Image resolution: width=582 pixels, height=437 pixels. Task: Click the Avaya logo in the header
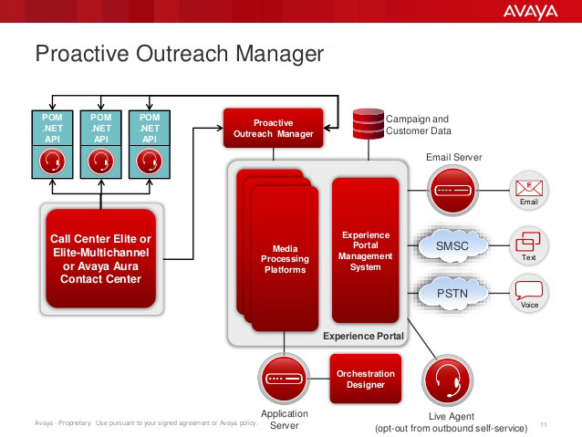tap(530, 12)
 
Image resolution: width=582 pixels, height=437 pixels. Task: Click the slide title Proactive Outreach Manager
tap(180, 54)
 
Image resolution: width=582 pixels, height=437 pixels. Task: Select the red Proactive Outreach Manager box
tap(273, 128)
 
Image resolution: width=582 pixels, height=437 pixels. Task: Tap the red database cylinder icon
tap(369, 124)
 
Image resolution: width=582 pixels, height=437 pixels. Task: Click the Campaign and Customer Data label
tap(419, 125)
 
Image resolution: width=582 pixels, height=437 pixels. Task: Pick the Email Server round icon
tap(452, 191)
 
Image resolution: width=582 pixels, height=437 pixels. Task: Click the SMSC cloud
tap(452, 245)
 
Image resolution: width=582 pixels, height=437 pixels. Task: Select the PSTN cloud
tap(452, 294)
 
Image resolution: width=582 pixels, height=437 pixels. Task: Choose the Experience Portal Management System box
tap(366, 251)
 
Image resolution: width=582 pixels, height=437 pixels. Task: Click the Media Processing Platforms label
tap(285, 259)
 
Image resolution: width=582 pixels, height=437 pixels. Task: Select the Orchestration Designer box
tap(366, 379)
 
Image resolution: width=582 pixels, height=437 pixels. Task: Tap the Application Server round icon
tap(284, 379)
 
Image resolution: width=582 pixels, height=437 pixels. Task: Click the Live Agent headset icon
tap(448, 380)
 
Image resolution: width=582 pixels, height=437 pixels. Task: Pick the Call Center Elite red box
tap(100, 259)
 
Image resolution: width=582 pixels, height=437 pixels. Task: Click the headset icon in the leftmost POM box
tap(52, 161)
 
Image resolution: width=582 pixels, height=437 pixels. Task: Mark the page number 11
tap(544, 424)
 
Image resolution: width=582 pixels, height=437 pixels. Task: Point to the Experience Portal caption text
tap(363, 336)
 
